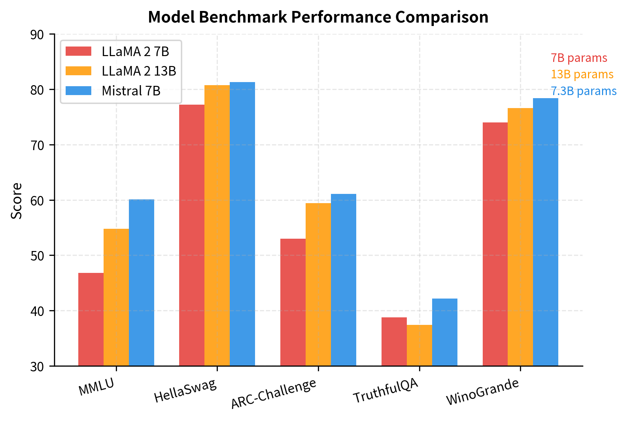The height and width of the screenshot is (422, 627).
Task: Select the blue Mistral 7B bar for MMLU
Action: [141, 282]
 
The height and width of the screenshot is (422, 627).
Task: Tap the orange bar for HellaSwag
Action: [217, 225]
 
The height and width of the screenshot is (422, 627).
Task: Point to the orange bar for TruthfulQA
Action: [419, 345]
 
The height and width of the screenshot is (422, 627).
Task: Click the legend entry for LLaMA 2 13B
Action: [138, 71]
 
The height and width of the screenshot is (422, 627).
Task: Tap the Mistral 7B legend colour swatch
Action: [78, 91]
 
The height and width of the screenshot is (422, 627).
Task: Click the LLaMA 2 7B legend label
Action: [135, 52]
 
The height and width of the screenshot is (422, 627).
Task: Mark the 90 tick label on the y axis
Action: [37, 35]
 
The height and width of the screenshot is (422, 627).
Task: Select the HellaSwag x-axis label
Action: [186, 391]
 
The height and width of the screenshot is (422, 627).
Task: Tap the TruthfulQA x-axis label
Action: [386, 391]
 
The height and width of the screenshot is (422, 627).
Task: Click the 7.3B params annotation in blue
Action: [583, 91]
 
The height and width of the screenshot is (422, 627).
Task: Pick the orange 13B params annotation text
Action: [582, 75]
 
